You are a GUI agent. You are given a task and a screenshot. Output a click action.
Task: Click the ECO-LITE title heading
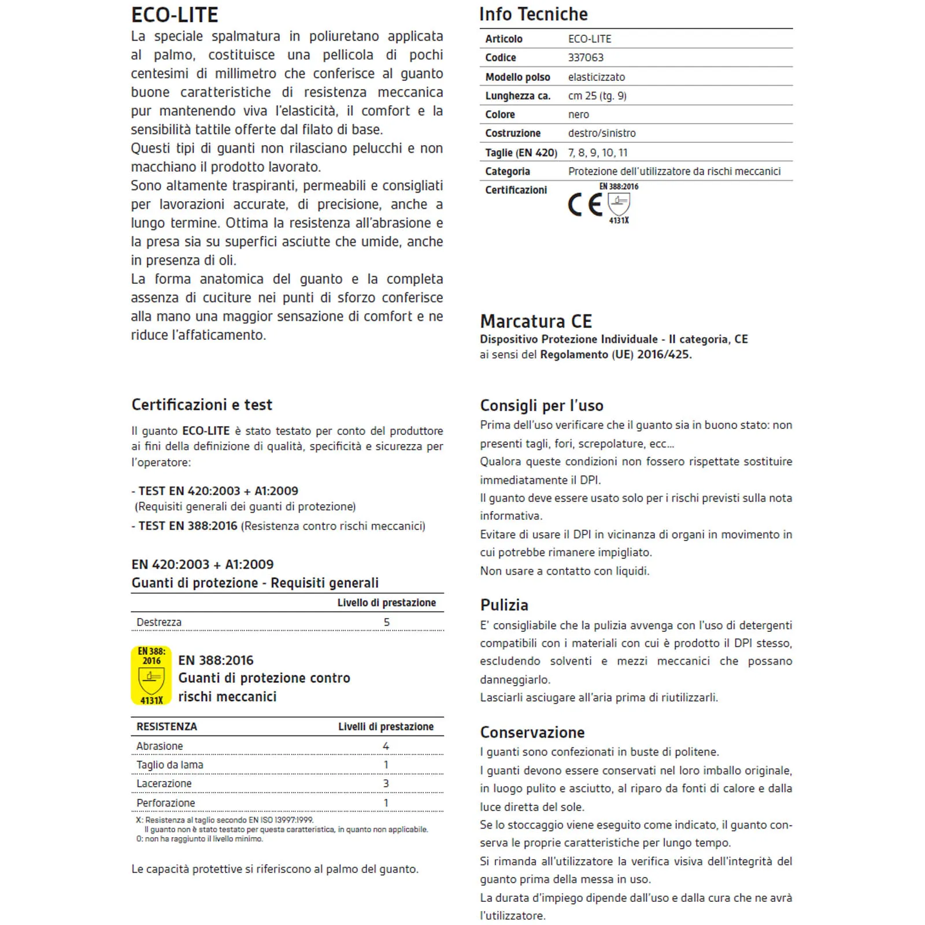click(175, 14)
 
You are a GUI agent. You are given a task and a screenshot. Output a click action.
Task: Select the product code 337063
click(585, 58)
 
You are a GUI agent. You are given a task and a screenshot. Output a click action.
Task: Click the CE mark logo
click(584, 205)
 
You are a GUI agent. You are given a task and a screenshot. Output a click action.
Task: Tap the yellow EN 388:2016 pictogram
click(151, 675)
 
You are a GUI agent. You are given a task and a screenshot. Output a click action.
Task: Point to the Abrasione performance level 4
click(386, 746)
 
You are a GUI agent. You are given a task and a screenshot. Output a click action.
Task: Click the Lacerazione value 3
click(386, 784)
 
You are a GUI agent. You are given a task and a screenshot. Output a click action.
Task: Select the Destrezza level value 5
click(387, 623)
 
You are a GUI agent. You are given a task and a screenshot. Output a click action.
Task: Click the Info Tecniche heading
click(533, 14)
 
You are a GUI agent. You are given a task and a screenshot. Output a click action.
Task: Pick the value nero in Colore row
click(578, 114)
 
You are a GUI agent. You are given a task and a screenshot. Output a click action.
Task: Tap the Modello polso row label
click(517, 77)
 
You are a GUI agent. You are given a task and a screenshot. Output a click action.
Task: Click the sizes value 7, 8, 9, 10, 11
click(597, 153)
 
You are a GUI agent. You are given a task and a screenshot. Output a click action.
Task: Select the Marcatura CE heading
click(536, 321)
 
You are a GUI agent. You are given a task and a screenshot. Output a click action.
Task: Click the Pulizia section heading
click(504, 605)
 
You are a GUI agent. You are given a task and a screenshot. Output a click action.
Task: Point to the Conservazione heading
click(532, 732)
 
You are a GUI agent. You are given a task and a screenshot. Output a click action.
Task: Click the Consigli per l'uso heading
click(541, 405)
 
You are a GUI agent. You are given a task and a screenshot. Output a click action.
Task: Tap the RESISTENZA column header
click(166, 727)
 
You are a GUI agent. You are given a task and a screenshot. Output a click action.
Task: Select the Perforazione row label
click(165, 803)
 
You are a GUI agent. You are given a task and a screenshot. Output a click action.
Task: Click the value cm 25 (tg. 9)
click(597, 96)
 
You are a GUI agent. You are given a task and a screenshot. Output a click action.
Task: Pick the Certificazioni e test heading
click(201, 405)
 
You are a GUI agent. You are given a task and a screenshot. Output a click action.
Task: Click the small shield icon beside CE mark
click(619, 203)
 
